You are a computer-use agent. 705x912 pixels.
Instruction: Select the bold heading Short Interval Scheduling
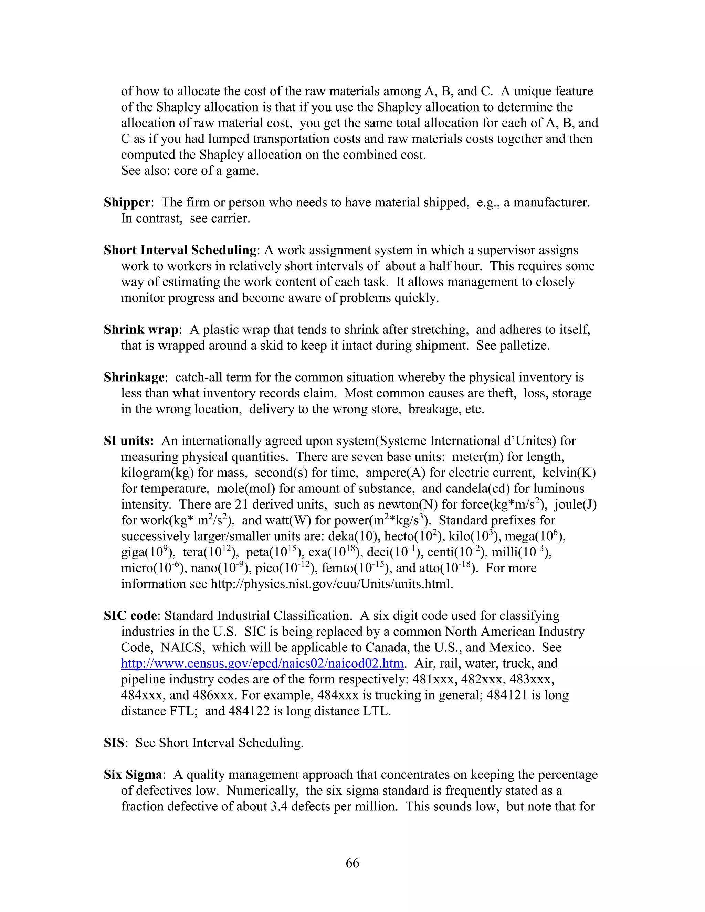180,251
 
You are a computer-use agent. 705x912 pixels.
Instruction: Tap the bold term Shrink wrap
141,330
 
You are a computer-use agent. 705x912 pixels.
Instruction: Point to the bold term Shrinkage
134,378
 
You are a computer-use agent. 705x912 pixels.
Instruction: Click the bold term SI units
129,441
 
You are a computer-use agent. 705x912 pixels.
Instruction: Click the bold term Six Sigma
133,775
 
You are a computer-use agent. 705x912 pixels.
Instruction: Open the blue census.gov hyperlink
262,664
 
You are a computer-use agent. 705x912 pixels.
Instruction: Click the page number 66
352,863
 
